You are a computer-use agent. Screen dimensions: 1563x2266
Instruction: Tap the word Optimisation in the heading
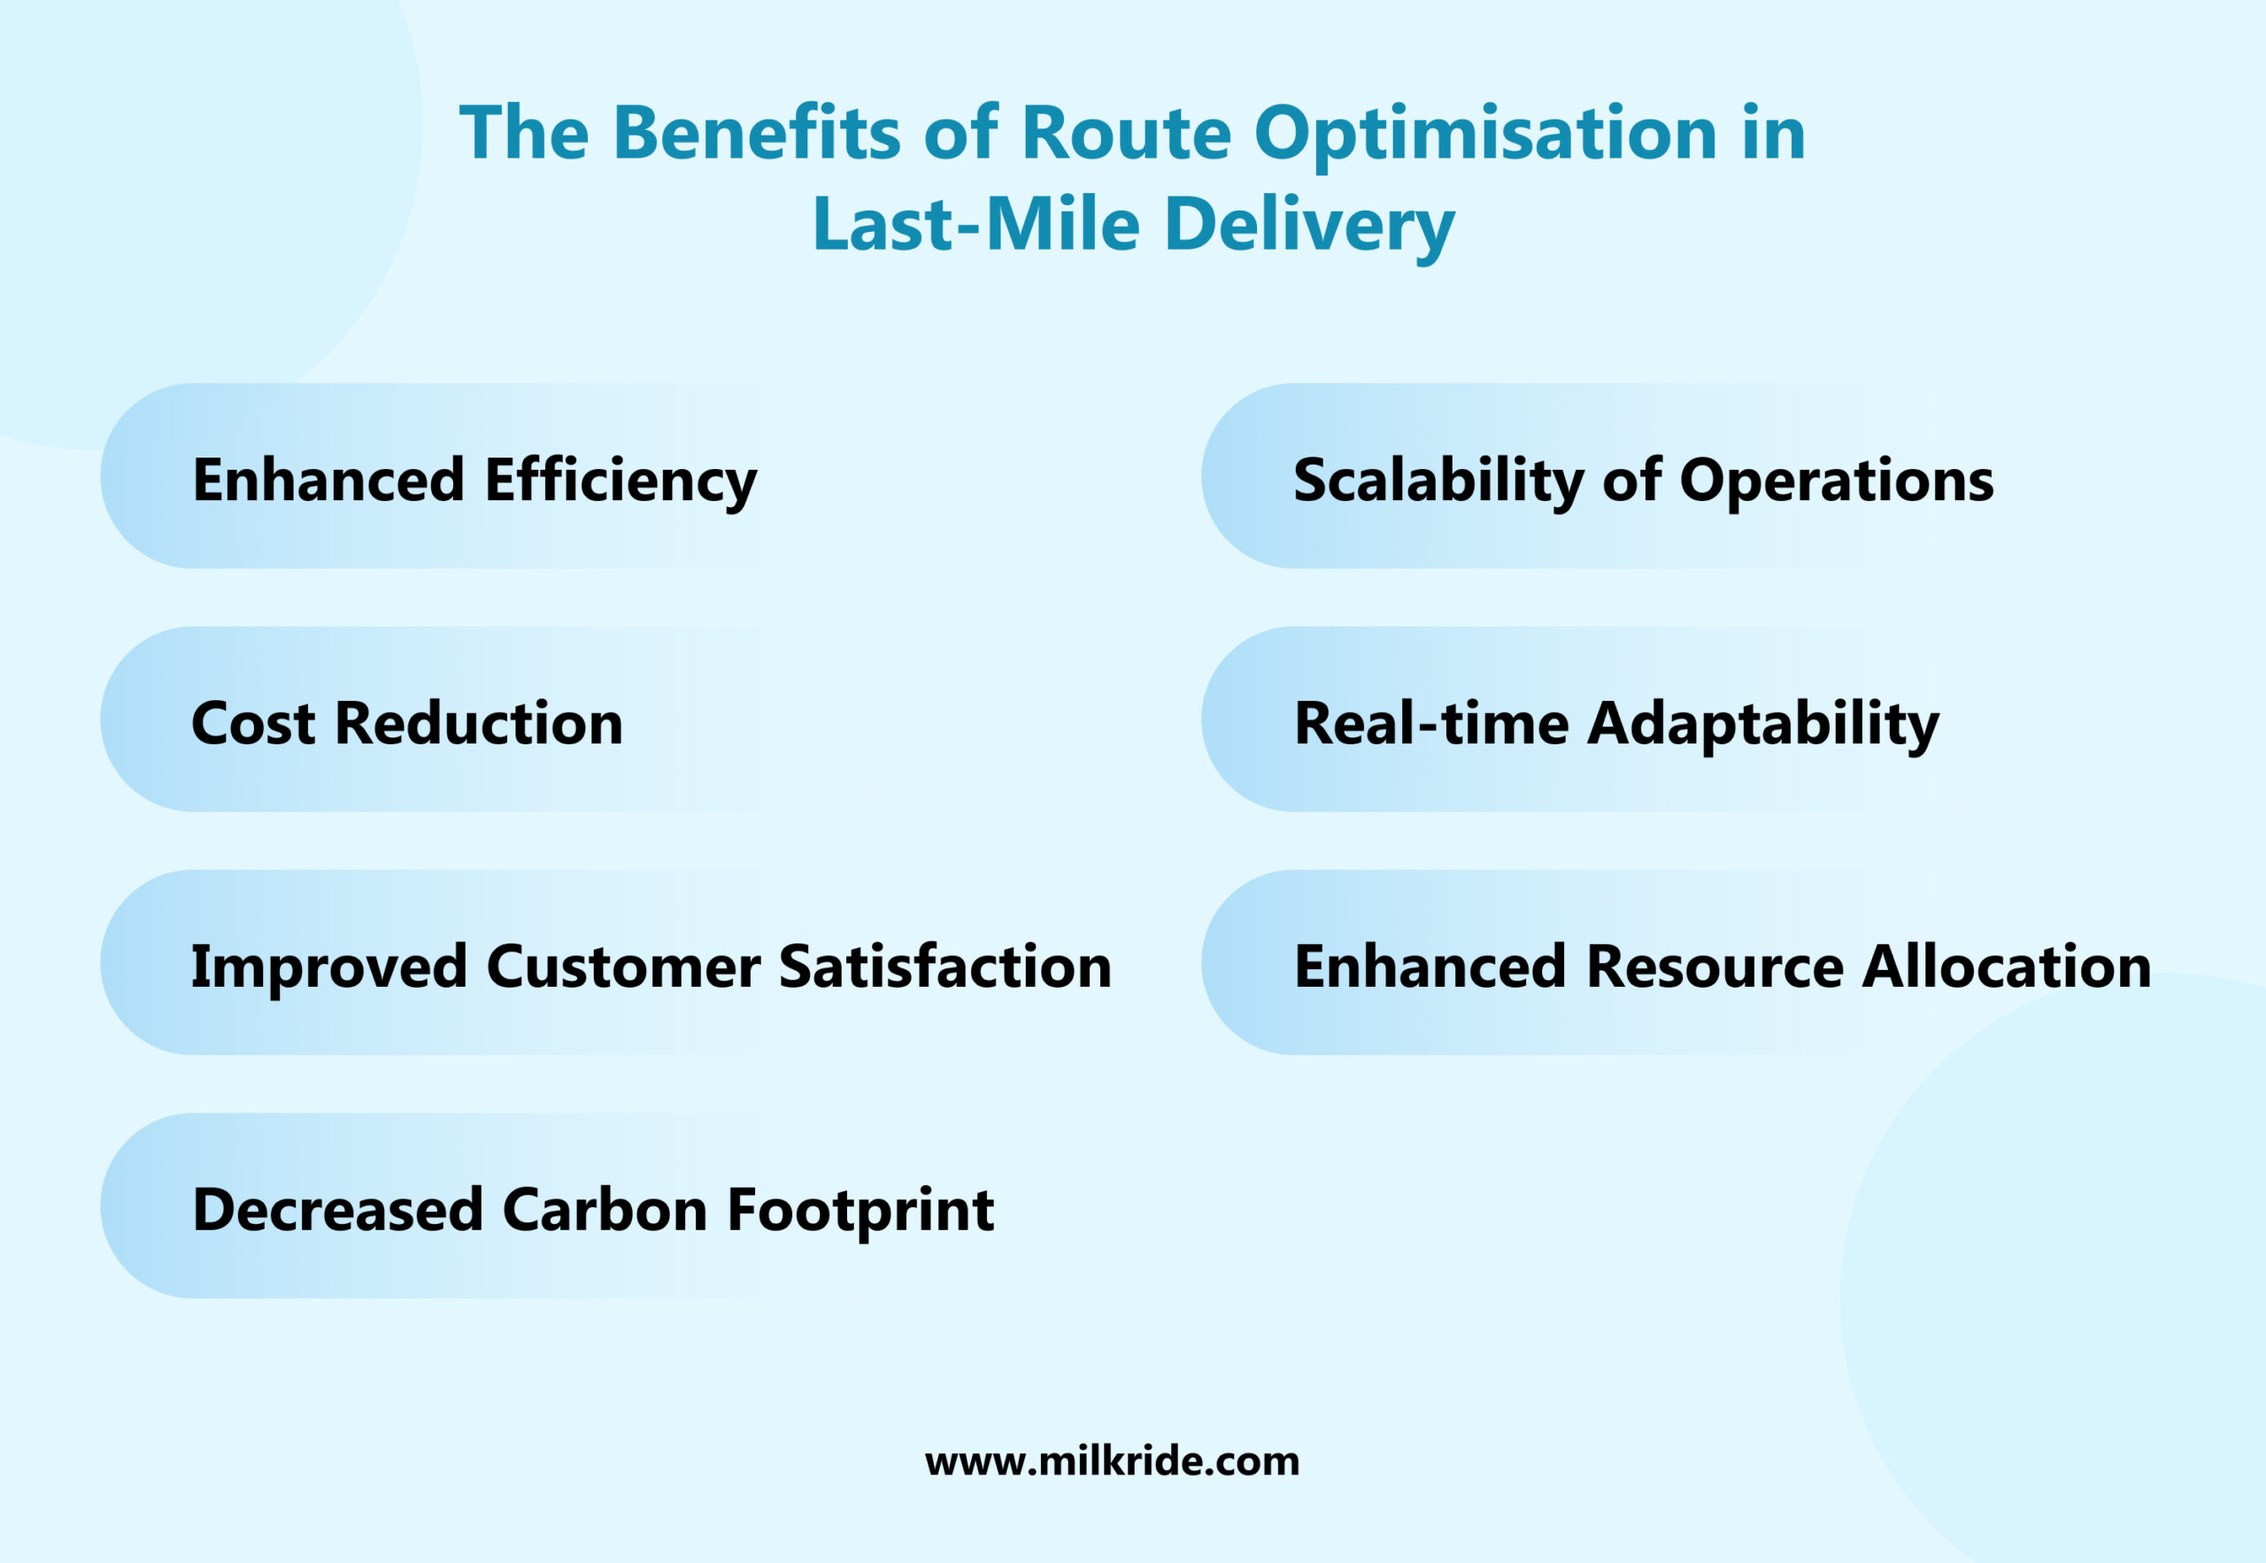point(1484,135)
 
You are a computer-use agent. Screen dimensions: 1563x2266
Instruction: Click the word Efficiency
point(620,481)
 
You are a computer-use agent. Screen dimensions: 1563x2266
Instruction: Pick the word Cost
point(252,724)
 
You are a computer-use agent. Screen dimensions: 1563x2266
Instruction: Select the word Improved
point(328,966)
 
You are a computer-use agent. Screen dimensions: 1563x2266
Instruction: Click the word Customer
point(623,966)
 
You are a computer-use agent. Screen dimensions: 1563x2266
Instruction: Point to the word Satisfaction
point(945,966)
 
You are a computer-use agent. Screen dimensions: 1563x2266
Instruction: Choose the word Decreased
point(338,1210)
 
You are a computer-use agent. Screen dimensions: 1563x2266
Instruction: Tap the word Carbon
point(605,1210)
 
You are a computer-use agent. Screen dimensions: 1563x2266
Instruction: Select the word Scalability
point(1437,481)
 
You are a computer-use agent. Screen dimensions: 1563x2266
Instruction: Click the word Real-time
point(1430,724)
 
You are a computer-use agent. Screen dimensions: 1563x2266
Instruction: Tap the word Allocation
point(2006,966)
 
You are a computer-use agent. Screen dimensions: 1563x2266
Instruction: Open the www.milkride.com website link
point(1112,1461)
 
